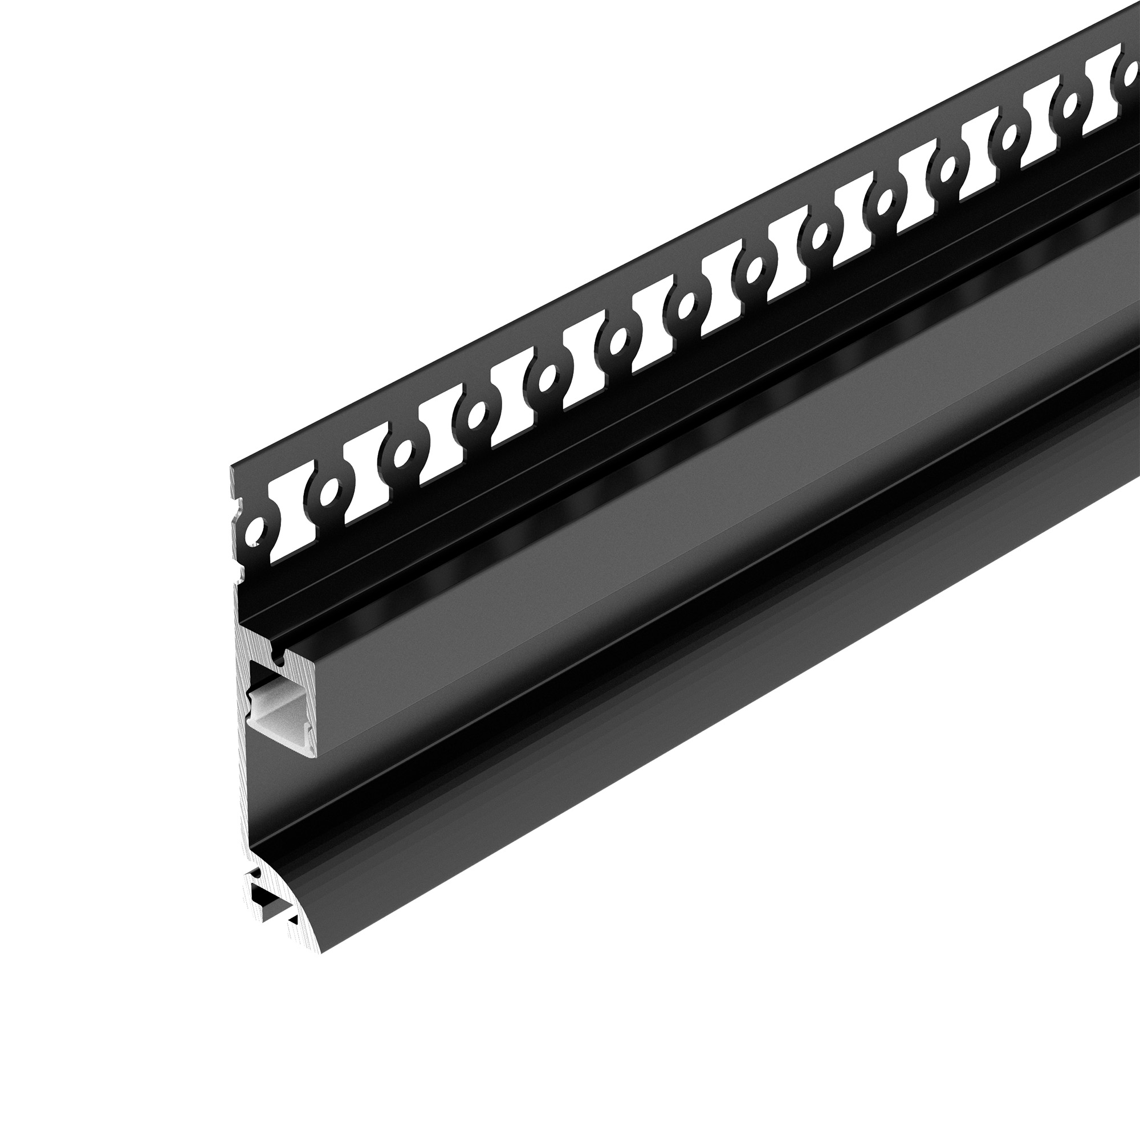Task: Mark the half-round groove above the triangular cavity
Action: pos(256,873)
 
